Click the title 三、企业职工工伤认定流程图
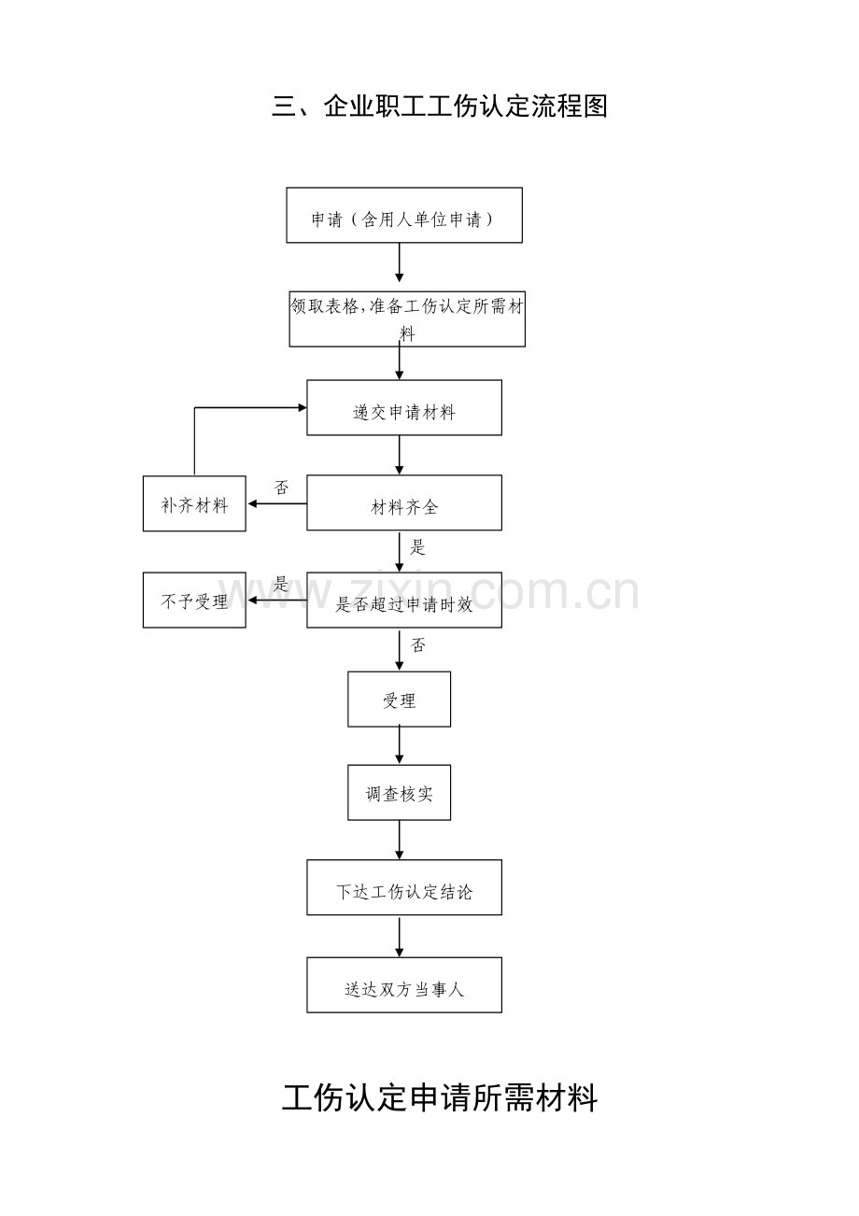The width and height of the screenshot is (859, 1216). [x=440, y=106]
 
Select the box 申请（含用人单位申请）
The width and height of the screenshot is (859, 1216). [x=404, y=215]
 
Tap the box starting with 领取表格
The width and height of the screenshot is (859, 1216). [x=407, y=318]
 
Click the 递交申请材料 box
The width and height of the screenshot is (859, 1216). [x=404, y=407]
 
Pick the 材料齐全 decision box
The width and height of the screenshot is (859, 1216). [x=404, y=502]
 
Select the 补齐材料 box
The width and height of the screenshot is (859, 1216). [x=194, y=503]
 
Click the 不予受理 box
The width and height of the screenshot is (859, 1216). [x=194, y=600]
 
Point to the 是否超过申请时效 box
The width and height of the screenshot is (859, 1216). [x=404, y=600]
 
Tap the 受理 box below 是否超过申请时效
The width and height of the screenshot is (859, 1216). [x=400, y=700]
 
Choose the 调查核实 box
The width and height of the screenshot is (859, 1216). [x=400, y=793]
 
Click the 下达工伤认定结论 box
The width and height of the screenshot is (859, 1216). [x=404, y=887]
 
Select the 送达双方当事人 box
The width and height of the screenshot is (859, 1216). [x=404, y=984]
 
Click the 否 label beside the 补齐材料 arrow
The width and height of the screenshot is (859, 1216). [x=281, y=488]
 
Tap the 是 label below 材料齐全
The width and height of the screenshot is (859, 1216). [x=417, y=546]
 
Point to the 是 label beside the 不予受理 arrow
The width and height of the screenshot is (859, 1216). [x=280, y=584]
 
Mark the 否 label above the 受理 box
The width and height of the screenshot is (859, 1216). [x=418, y=645]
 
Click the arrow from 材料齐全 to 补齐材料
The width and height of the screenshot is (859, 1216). [x=277, y=503]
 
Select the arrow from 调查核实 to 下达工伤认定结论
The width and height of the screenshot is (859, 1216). [x=400, y=840]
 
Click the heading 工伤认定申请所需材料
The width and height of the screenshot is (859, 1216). [x=440, y=1097]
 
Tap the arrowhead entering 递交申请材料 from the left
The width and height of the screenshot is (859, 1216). [x=303, y=407]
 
